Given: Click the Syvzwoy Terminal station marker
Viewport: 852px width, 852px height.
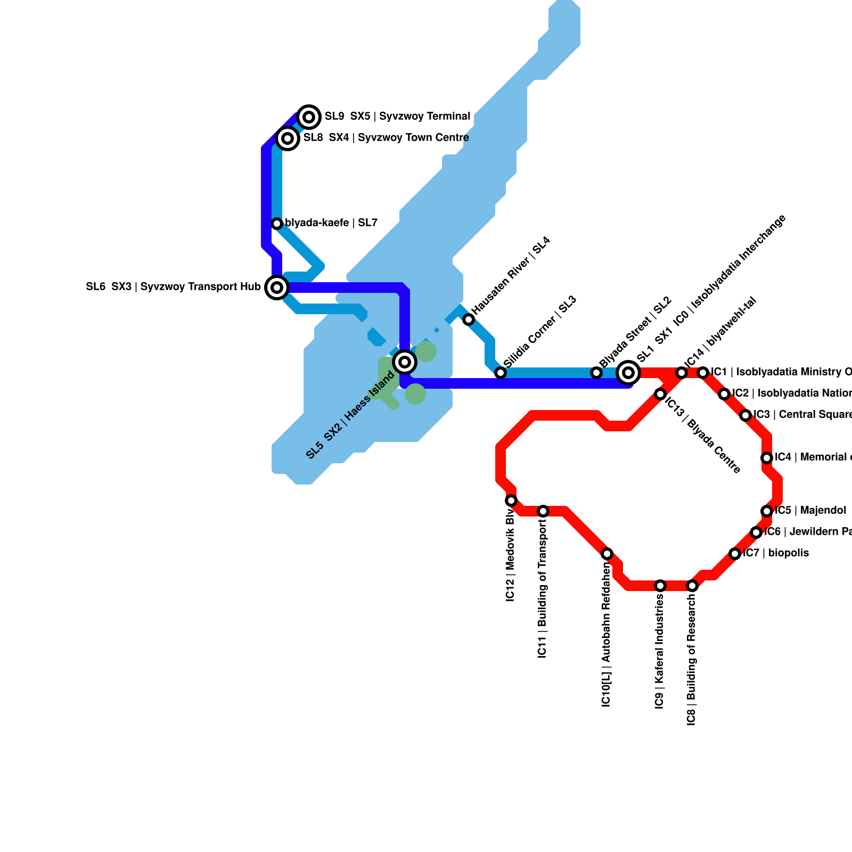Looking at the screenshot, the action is pyautogui.click(x=309, y=117).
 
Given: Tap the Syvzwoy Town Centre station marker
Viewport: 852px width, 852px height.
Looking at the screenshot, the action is pyautogui.click(x=288, y=138).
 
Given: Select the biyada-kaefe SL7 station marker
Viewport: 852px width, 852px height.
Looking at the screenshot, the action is pyautogui.click(x=277, y=224).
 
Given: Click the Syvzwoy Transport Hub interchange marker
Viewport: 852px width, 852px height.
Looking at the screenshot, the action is pyautogui.click(x=277, y=288).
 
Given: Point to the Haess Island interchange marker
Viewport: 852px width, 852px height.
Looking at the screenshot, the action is pyautogui.click(x=405, y=362).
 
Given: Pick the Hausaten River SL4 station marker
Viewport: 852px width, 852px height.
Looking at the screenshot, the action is pyautogui.click(x=469, y=319).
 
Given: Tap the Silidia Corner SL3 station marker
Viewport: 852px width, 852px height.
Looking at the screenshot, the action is pyautogui.click(x=501, y=373).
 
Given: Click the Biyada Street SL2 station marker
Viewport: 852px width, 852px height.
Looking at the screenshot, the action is pyautogui.click(x=596, y=373).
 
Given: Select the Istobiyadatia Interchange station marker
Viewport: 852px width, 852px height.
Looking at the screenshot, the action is pyautogui.click(x=628, y=372).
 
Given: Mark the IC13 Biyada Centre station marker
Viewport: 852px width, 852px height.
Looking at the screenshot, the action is pyautogui.click(x=660, y=394).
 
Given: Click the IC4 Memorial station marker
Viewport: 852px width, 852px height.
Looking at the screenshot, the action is pyautogui.click(x=767, y=458).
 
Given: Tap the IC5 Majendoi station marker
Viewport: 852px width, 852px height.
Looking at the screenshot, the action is pyautogui.click(x=767, y=511).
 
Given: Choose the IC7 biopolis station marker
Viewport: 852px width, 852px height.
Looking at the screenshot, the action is pyautogui.click(x=735, y=554).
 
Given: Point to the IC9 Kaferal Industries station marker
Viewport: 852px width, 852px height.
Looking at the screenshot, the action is pyautogui.click(x=660, y=586).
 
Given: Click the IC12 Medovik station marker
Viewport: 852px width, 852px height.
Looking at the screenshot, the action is pyautogui.click(x=511, y=501).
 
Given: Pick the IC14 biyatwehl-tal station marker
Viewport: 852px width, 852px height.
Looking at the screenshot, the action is pyautogui.click(x=682, y=373).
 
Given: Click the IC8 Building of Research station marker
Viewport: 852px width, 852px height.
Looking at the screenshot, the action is pyautogui.click(x=692, y=586).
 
